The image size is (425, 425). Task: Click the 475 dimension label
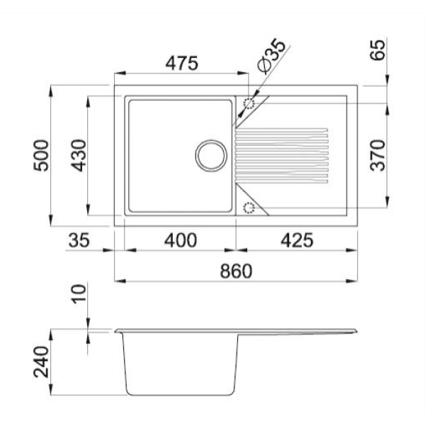click(181, 64)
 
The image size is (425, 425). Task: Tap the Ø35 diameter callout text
click(271, 56)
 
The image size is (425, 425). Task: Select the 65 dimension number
click(378, 50)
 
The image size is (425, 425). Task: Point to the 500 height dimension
click(41, 155)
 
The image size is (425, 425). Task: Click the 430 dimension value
click(79, 155)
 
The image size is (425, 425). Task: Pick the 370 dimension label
click(378, 155)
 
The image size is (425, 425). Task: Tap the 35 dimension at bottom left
click(79, 240)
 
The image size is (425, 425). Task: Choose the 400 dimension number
click(181, 240)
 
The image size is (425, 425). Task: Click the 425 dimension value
click(297, 240)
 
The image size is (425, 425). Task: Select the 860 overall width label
click(236, 271)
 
